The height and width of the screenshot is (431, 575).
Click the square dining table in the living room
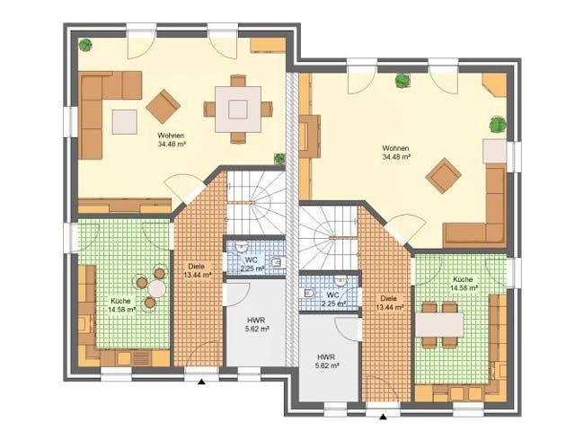pos(238,109)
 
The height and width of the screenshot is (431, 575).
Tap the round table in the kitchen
pos(157,287)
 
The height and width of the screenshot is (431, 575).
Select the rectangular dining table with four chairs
pos(440,319)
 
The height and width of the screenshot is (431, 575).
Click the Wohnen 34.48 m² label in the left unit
pos(171,138)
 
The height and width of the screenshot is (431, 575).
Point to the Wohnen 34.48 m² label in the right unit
pos(395,151)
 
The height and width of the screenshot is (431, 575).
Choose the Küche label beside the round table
pos(121,305)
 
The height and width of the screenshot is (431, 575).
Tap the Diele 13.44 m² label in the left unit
pos(199,269)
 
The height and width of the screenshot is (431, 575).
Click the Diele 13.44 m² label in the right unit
pos(389,303)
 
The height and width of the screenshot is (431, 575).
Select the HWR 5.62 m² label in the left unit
pos(256,324)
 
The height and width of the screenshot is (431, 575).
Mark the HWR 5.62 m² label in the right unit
pos(326,361)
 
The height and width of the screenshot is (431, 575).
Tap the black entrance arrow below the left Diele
pos(202,381)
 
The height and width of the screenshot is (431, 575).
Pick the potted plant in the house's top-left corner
pos(86,45)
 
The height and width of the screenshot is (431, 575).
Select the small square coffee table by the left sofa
pos(123,118)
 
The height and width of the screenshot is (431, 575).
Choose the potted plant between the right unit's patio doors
pos(400,80)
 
